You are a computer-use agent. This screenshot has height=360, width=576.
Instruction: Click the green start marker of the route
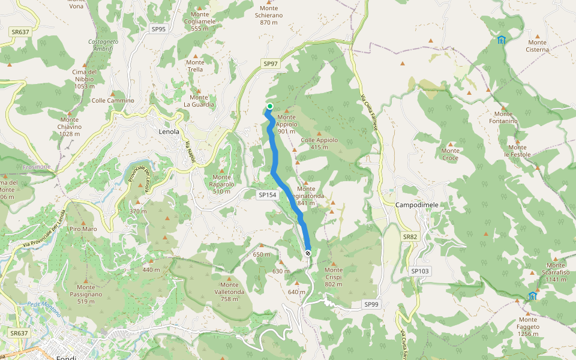pyautogui.click(x=270, y=107)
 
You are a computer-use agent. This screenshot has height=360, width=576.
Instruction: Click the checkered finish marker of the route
pyautogui.click(x=308, y=253)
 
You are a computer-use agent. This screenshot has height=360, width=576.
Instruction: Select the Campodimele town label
pyautogui.click(x=417, y=205)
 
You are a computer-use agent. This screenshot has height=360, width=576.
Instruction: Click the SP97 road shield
pyautogui.click(x=271, y=64)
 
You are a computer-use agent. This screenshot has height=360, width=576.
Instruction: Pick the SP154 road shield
pyautogui.click(x=268, y=195)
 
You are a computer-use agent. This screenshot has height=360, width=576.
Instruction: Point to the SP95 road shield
pyautogui.click(x=159, y=28)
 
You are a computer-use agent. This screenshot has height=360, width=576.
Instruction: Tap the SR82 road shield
pyautogui.click(x=410, y=237)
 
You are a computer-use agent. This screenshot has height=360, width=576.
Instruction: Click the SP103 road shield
pyautogui.click(x=421, y=271)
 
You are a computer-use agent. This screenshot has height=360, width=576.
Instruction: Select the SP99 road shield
pyautogui.click(x=372, y=305)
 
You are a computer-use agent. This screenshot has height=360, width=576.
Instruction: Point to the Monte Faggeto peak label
pyautogui.click(x=529, y=326)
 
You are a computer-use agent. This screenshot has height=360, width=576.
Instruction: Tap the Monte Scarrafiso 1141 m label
pyautogui.click(x=556, y=272)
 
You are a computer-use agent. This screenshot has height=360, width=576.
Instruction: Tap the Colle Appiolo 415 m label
pyautogui.click(x=319, y=143)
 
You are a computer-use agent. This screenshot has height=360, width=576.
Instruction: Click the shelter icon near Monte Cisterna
pyautogui.click(x=501, y=40)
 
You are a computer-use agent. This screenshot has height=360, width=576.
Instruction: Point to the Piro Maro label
pyautogui.click(x=83, y=229)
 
